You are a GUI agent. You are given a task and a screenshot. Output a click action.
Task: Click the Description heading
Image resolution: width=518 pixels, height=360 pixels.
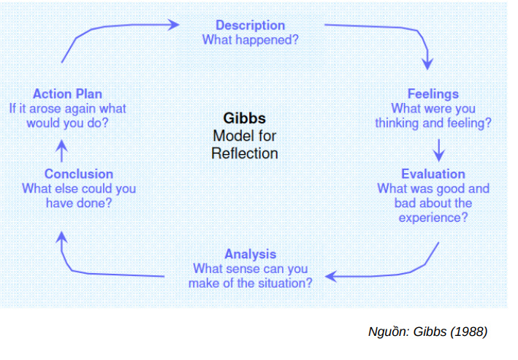tap(250, 26)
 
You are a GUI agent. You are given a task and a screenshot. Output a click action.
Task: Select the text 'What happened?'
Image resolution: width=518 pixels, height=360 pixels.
tap(250, 39)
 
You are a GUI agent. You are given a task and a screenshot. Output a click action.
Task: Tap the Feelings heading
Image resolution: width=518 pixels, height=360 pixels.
tap(433, 93)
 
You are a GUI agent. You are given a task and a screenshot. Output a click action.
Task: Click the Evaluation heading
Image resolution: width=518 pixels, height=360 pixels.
tap(433, 174)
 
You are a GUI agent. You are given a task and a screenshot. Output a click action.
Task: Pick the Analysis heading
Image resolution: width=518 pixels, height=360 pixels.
tap(251, 254)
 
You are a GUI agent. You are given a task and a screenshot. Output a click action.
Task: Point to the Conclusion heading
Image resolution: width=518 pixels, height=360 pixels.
tap(79, 174)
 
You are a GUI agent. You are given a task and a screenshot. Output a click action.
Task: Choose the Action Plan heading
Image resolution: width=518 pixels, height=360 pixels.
tap(67, 93)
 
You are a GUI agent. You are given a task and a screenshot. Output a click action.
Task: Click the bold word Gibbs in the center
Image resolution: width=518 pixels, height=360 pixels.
tap(245, 118)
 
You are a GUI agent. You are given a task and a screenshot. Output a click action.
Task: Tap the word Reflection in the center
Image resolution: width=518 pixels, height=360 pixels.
tap(245, 153)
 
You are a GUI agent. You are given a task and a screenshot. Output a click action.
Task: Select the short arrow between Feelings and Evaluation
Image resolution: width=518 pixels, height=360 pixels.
tap(438, 149)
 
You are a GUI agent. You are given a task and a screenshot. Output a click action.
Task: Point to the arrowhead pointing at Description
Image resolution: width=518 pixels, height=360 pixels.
tap(173, 24)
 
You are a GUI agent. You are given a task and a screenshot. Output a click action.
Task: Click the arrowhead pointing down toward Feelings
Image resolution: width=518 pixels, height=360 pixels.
tap(428, 64)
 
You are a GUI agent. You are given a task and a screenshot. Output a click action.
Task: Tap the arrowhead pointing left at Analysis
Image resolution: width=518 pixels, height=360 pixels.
tap(332, 276)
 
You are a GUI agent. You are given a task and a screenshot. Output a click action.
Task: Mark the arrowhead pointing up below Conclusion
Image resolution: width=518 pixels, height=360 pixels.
tap(62, 237)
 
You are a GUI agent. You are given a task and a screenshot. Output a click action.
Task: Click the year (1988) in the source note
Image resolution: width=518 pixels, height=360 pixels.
tap(469, 332)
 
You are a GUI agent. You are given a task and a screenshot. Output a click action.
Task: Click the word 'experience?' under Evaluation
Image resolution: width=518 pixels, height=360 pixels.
tap(433, 218)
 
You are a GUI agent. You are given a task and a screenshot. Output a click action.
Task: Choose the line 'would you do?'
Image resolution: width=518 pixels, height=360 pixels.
tap(67, 123)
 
